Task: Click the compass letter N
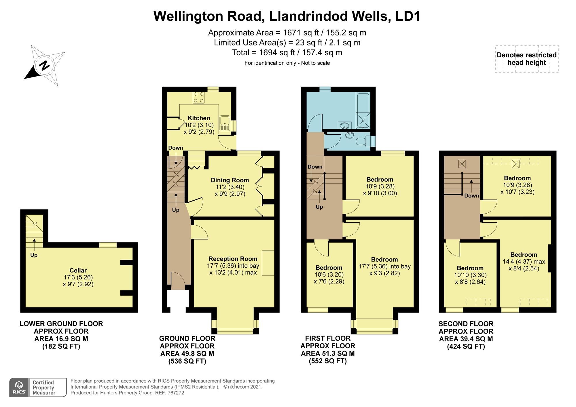click(44, 65)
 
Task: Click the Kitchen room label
click(199, 118)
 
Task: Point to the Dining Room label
click(230, 180)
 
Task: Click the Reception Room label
click(233, 259)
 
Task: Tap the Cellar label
click(78, 270)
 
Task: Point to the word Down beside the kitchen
click(175, 148)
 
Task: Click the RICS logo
click(19, 387)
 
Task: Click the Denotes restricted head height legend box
click(527, 59)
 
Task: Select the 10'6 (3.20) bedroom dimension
click(329, 275)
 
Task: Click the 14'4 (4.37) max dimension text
click(524, 262)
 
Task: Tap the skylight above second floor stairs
click(462, 164)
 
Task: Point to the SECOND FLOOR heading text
click(466, 324)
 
